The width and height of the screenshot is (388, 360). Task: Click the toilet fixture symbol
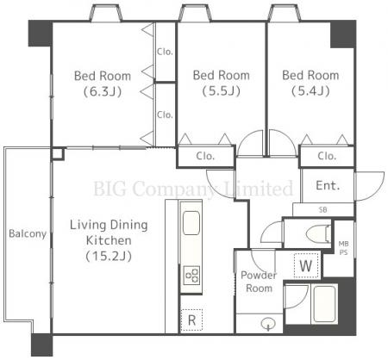pyautogui.click(x=318, y=233)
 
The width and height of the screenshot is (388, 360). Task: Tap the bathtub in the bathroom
pyautogui.click(x=324, y=304)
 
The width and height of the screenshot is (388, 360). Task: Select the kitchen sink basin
pyautogui.click(x=191, y=223)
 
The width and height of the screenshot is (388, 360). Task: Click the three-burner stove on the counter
pyautogui.click(x=191, y=276)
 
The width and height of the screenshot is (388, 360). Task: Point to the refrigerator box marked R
pyautogui.click(x=191, y=320)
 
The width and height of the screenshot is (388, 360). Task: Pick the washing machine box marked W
pyautogui.click(x=306, y=265)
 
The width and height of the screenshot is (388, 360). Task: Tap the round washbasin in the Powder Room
pyautogui.click(x=268, y=324)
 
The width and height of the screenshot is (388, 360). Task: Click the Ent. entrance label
pyautogui.click(x=328, y=185)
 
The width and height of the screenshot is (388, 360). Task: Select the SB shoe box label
pyautogui.click(x=323, y=210)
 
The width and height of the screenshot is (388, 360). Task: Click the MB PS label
pyautogui.click(x=344, y=248)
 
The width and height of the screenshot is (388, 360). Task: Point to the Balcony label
pyautogui.click(x=28, y=233)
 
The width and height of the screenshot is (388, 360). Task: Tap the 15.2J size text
pyautogui.click(x=109, y=256)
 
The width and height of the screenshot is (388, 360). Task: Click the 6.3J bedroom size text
pyautogui.click(x=103, y=91)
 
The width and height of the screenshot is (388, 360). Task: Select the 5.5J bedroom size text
pyautogui.click(x=221, y=91)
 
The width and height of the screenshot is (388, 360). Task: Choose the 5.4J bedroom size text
pyautogui.click(x=310, y=91)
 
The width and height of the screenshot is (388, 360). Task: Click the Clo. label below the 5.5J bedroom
pyautogui.click(x=205, y=156)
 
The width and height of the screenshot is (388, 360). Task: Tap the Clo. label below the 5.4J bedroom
pyautogui.click(x=327, y=156)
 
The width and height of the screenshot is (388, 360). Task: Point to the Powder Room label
pyautogui.click(x=259, y=282)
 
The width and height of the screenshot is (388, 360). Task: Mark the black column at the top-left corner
pyautogui.click(x=41, y=34)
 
